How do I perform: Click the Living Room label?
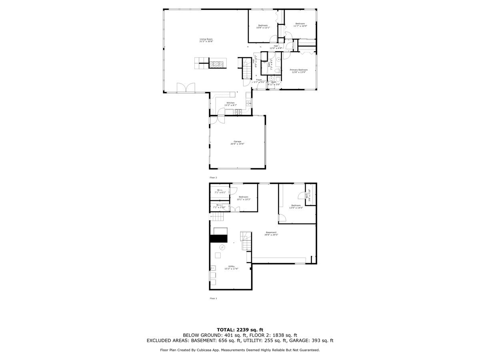pos(206,39)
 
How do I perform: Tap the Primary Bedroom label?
pos(298,70)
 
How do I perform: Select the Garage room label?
pos(238,141)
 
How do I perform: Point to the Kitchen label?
pos(230,103)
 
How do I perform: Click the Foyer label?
pos(259,80)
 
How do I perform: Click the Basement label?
pos(271,232)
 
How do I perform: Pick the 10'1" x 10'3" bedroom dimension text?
pos(244,199)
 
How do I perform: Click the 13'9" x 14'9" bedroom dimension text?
pos(296,208)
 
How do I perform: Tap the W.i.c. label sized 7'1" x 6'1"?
pos(220,190)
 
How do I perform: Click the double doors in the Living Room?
pos(186,88)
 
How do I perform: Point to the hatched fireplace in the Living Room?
pos(218,63)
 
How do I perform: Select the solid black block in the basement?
pos(218,238)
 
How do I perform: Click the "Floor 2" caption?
pos(213,177)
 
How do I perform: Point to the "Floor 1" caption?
pos(213,298)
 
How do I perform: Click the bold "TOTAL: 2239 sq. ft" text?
pos(240,330)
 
